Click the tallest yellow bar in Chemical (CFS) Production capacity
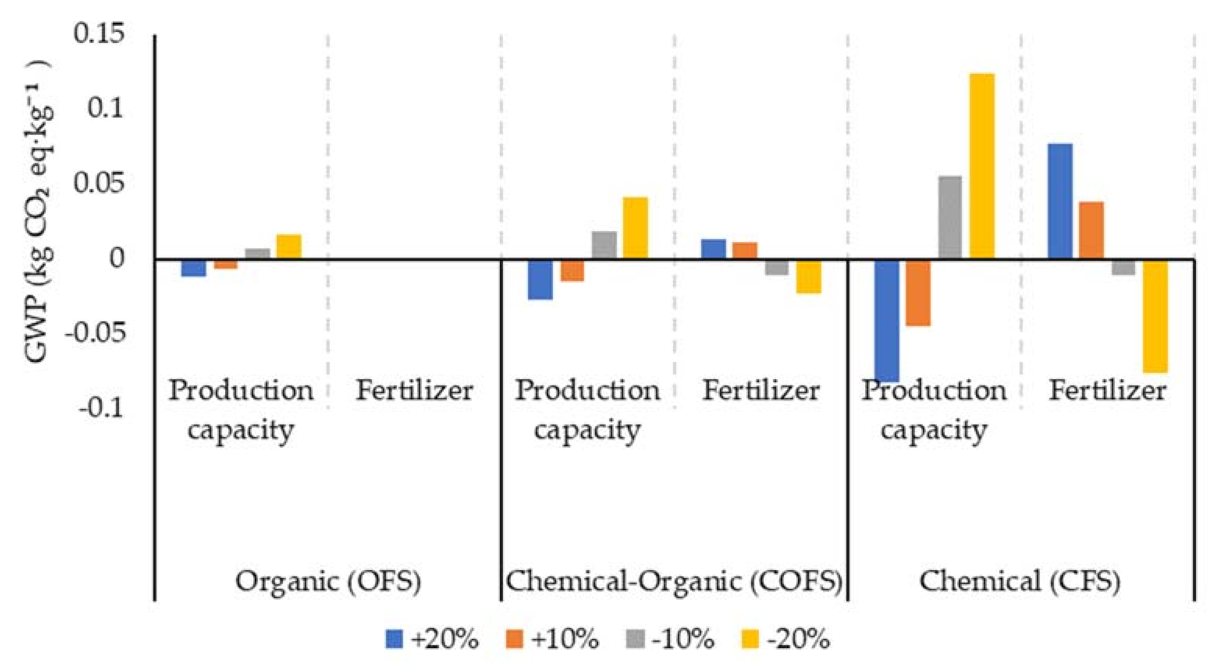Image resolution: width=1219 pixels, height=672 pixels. (x=982, y=166)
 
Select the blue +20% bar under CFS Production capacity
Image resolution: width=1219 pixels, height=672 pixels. (x=887, y=320)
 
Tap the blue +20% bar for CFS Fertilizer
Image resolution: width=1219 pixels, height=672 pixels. (x=1060, y=201)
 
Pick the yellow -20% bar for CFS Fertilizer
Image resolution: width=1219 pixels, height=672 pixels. (x=1155, y=316)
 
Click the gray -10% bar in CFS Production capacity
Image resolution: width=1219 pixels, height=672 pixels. (x=950, y=218)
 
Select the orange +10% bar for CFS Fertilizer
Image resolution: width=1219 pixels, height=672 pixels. (x=1091, y=231)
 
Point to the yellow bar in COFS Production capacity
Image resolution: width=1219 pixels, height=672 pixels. (x=635, y=228)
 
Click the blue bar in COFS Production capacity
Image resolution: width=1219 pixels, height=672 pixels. (x=540, y=280)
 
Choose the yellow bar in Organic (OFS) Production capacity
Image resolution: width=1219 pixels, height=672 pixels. (x=289, y=247)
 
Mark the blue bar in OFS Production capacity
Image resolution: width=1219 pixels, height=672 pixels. (x=193, y=267)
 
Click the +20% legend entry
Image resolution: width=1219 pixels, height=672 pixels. (x=432, y=639)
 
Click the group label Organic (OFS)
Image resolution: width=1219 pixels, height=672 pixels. (x=328, y=581)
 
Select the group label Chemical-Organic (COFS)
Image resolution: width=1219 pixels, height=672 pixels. (x=674, y=581)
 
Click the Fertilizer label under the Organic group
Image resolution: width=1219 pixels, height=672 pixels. (x=414, y=391)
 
